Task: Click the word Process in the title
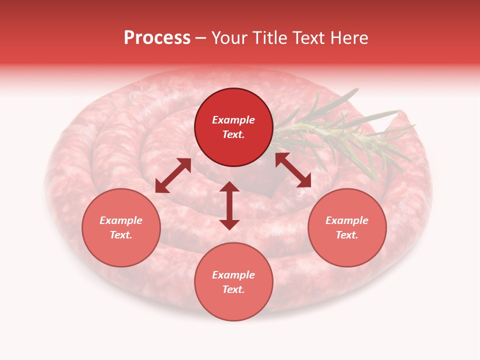click(x=157, y=38)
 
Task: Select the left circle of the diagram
click(x=121, y=227)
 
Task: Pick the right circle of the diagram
click(x=347, y=227)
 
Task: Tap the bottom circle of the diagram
click(x=233, y=281)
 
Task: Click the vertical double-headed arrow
click(x=229, y=205)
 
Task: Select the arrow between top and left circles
click(x=173, y=175)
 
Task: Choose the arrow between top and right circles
click(x=293, y=170)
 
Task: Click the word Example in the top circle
click(x=233, y=120)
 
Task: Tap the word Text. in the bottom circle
click(x=233, y=289)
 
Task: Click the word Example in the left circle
click(x=121, y=220)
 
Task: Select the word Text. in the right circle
click(x=347, y=235)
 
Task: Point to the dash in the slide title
click(x=200, y=38)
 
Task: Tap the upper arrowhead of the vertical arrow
click(x=229, y=186)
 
